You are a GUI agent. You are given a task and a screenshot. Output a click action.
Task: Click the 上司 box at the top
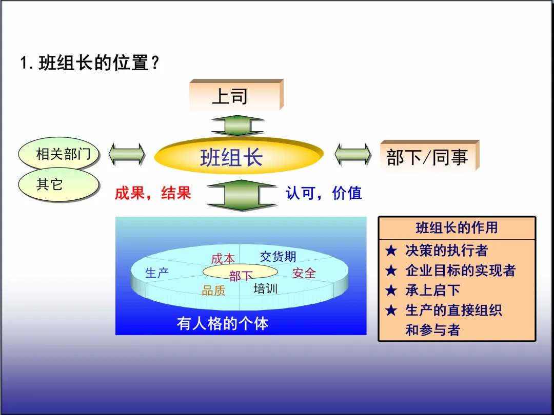tap(235, 95)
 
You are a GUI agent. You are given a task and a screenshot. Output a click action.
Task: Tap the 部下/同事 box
tap(428, 156)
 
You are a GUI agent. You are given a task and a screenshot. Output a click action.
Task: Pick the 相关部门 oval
tap(59, 154)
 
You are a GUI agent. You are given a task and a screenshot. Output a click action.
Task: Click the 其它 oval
tap(58, 184)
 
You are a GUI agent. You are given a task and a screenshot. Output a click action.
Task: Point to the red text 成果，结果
tap(152, 193)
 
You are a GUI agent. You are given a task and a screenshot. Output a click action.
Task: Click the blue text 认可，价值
tap(324, 193)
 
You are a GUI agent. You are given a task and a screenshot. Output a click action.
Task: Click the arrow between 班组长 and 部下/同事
tap(353, 154)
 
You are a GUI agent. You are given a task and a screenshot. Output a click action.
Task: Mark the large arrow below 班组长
tap(241, 195)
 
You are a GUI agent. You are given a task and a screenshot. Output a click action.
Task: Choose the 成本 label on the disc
tap(223, 259)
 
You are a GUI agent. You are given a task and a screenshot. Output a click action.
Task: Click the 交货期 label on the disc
tap(278, 256)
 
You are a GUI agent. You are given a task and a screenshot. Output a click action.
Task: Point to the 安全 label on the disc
tap(304, 274)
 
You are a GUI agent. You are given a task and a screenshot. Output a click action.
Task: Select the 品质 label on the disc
tap(213, 291)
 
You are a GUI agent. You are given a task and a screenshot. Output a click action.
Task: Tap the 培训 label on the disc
tap(265, 288)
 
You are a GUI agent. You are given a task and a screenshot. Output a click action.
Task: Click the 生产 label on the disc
tap(157, 273)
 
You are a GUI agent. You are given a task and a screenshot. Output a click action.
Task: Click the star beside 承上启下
tap(391, 291)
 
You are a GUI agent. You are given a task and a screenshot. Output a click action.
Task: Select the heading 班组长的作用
tap(457, 227)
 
